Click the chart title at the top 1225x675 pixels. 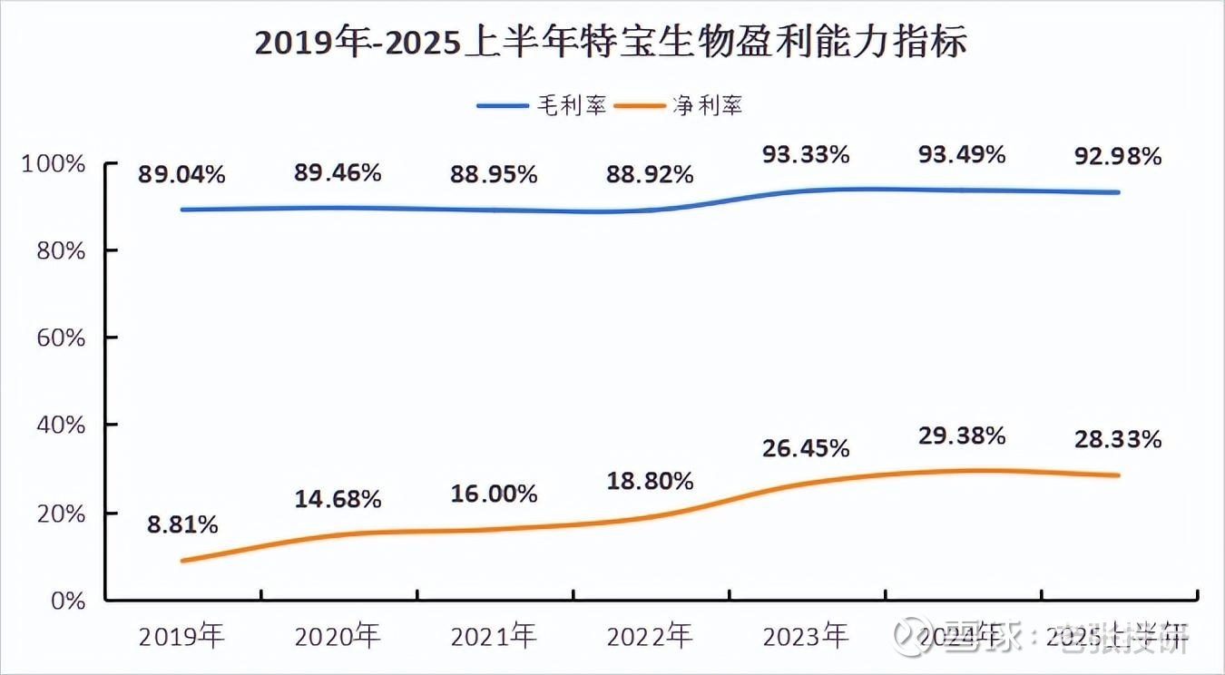[611, 43]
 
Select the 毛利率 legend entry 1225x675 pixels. [542, 105]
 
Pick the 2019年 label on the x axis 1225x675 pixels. [181, 636]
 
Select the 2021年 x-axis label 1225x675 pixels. [494, 636]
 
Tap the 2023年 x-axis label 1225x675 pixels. [806, 636]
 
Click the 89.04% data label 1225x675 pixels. [181, 174]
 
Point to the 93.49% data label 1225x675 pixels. [962, 154]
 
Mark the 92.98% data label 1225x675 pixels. [1118, 156]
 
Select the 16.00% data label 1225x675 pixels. [494, 494]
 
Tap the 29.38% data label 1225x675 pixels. [962, 436]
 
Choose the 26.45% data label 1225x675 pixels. [806, 448]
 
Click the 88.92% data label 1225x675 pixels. [650, 173]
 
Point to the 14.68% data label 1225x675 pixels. [338, 499]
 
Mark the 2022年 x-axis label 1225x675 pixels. [650, 636]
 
